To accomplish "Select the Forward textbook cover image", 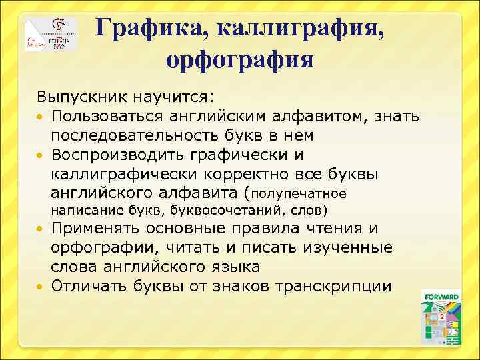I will coord(441,317).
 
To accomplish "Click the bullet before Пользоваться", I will coord(41,117).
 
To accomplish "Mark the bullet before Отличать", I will coord(41,287).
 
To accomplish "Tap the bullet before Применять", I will coord(41,229).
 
